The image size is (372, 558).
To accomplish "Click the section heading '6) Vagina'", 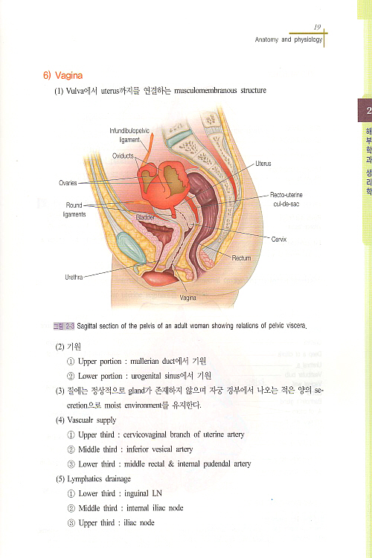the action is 62,75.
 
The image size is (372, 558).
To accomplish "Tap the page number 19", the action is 317,27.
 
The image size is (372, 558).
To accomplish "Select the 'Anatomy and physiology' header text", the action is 289,39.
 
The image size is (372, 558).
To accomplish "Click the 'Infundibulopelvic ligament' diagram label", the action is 129,135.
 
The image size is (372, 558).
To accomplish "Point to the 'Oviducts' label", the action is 123,156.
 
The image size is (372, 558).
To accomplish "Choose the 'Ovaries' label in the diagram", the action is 68,183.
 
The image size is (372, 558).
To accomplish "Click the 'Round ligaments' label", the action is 74,210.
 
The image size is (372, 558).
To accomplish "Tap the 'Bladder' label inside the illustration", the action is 145,217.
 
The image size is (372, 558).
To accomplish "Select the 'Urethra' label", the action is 74,277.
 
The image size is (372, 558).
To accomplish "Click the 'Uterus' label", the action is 263,164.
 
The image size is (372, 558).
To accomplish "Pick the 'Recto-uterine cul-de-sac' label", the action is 286,199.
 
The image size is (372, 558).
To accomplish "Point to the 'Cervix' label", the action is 279,239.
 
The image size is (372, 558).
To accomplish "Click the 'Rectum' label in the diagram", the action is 241,257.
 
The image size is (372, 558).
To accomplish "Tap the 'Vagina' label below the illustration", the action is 187,298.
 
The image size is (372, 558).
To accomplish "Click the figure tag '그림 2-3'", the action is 64,326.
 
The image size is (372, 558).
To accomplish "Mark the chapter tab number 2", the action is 368,110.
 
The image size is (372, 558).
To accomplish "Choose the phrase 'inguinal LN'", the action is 143,493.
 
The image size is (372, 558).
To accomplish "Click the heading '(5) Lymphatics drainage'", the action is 93,479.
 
